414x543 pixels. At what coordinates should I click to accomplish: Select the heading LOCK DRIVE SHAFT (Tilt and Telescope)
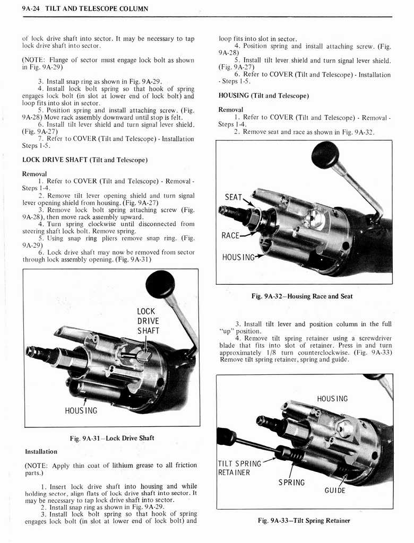(x=84, y=160)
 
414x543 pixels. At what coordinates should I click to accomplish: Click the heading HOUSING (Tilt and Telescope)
(x=264, y=96)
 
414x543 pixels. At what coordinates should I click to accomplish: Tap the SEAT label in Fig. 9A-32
(x=234, y=197)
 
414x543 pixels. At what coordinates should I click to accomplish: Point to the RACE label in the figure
(x=232, y=235)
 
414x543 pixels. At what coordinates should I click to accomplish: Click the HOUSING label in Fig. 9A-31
(x=81, y=410)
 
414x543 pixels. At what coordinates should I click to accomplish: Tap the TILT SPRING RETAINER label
(x=239, y=468)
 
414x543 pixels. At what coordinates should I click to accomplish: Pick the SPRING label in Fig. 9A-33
(x=291, y=483)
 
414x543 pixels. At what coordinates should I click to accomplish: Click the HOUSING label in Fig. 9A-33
(x=332, y=399)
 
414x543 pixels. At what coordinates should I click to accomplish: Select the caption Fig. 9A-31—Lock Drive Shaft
(x=111, y=438)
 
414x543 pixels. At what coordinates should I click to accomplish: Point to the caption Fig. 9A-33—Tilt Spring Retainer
(x=304, y=520)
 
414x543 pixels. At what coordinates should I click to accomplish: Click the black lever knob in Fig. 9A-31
(x=160, y=284)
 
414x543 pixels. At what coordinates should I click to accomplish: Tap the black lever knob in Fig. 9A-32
(x=325, y=155)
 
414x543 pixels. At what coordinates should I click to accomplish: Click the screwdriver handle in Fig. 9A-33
(x=226, y=436)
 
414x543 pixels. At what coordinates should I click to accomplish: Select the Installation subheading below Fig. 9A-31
(x=41, y=451)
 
